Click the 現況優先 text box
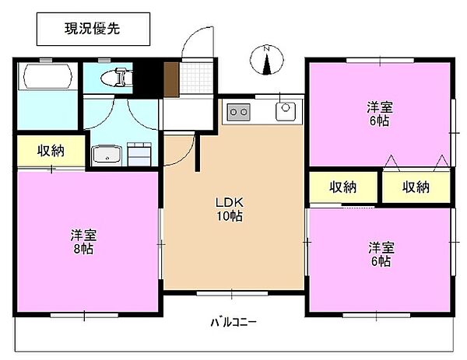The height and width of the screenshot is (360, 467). point(93,29)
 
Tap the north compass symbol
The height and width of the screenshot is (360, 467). point(266,60)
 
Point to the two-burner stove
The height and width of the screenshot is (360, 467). point(239,112)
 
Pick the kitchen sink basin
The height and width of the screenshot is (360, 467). point(286,111)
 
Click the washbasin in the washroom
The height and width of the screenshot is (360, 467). point(107,156)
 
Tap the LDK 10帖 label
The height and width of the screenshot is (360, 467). point(230,209)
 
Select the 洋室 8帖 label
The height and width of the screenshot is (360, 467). point(84,242)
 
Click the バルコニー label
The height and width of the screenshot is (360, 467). point(233,322)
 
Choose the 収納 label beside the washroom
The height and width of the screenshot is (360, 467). point(51,151)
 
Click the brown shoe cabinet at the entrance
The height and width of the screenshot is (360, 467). point(171,80)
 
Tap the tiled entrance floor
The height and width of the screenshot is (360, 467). point(197,78)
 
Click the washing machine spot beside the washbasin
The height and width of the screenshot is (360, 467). point(139,154)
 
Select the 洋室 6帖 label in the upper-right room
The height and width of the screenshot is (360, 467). point(380,114)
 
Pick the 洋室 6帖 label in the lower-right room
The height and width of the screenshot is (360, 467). point(381,254)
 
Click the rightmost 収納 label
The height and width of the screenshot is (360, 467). point(416,187)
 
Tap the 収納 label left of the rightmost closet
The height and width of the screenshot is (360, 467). point(342,187)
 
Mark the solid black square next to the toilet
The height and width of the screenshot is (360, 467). point(148,79)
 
